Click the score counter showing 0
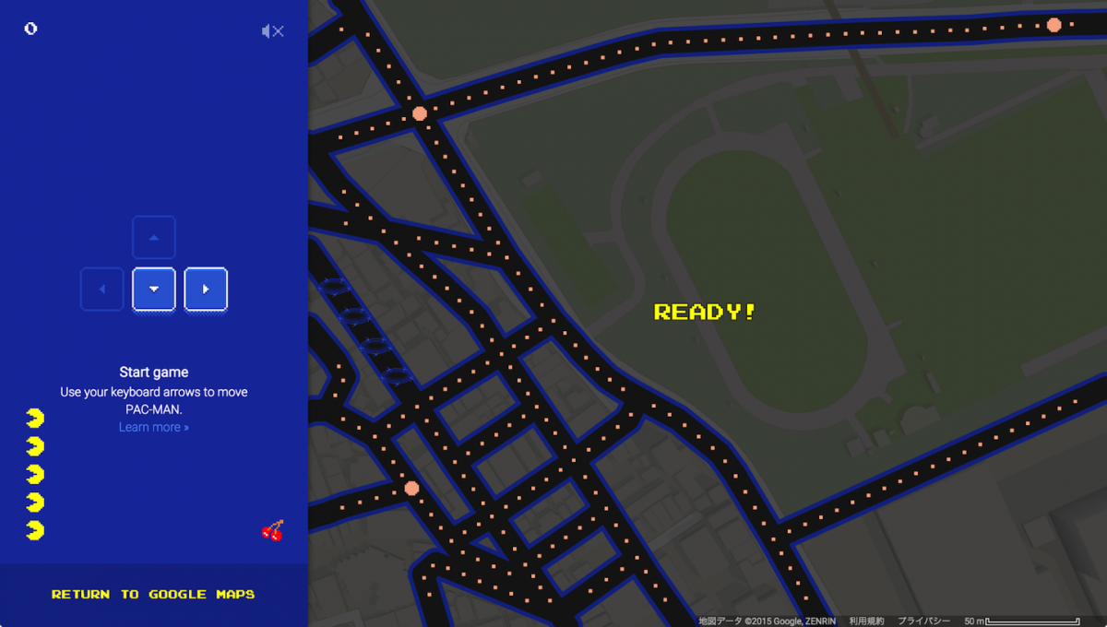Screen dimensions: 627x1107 30,29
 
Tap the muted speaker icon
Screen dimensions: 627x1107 272,31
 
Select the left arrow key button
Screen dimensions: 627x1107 102,290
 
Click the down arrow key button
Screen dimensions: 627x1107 154,290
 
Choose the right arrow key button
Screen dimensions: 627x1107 206,290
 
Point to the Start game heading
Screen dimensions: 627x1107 154,373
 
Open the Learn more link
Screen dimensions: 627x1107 154,427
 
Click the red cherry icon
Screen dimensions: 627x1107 273,530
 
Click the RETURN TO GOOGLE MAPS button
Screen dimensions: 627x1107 153,595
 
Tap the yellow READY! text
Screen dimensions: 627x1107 705,312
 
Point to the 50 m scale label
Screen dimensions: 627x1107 974,621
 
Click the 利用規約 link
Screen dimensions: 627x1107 866,621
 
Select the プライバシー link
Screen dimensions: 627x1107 924,621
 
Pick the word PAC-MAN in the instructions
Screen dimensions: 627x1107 154,408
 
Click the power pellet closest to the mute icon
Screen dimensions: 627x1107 420,113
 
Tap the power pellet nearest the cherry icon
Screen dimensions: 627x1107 411,488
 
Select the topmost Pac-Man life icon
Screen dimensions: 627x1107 35,419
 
